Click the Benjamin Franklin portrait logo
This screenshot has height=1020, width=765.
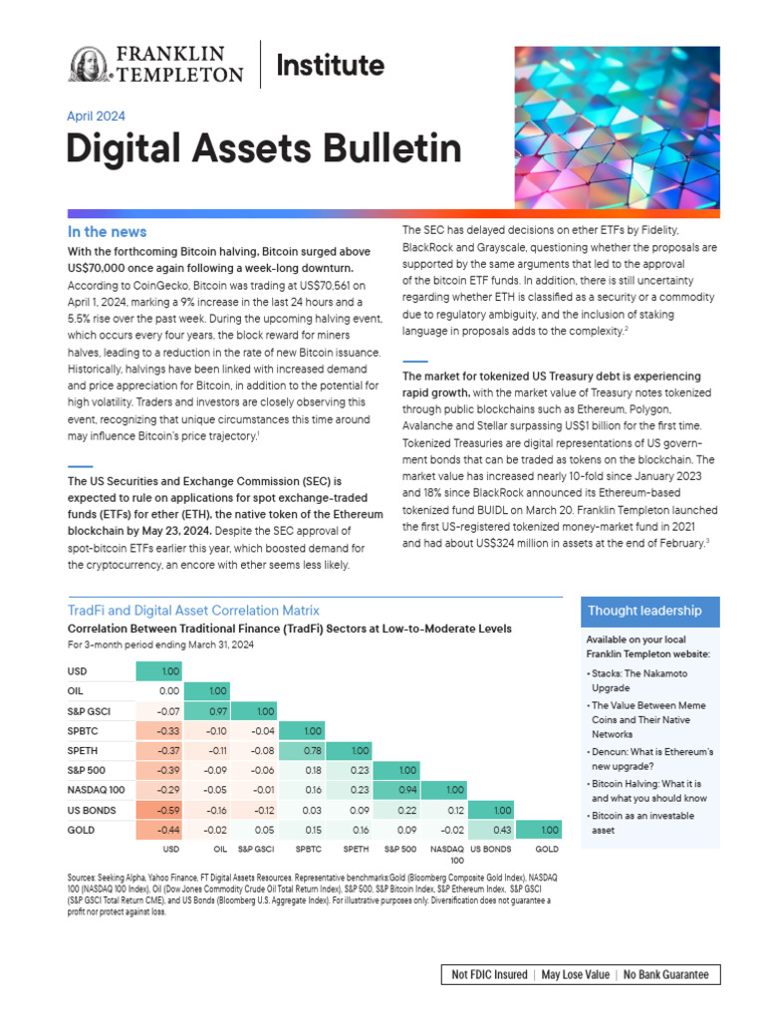[x=90, y=65]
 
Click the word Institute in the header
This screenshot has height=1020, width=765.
[x=330, y=66]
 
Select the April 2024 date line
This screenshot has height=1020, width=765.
[x=96, y=116]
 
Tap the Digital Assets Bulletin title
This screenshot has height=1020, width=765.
[x=263, y=149]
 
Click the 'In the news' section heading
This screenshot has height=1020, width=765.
[x=107, y=232]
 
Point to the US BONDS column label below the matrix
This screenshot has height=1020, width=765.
[x=490, y=849]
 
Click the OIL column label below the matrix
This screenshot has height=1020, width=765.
[x=219, y=849]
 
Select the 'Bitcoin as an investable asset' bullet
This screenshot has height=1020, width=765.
[x=645, y=822]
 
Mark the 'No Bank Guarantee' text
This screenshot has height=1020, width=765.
[x=666, y=974]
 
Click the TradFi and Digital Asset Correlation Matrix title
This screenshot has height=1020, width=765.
[x=192, y=610]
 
